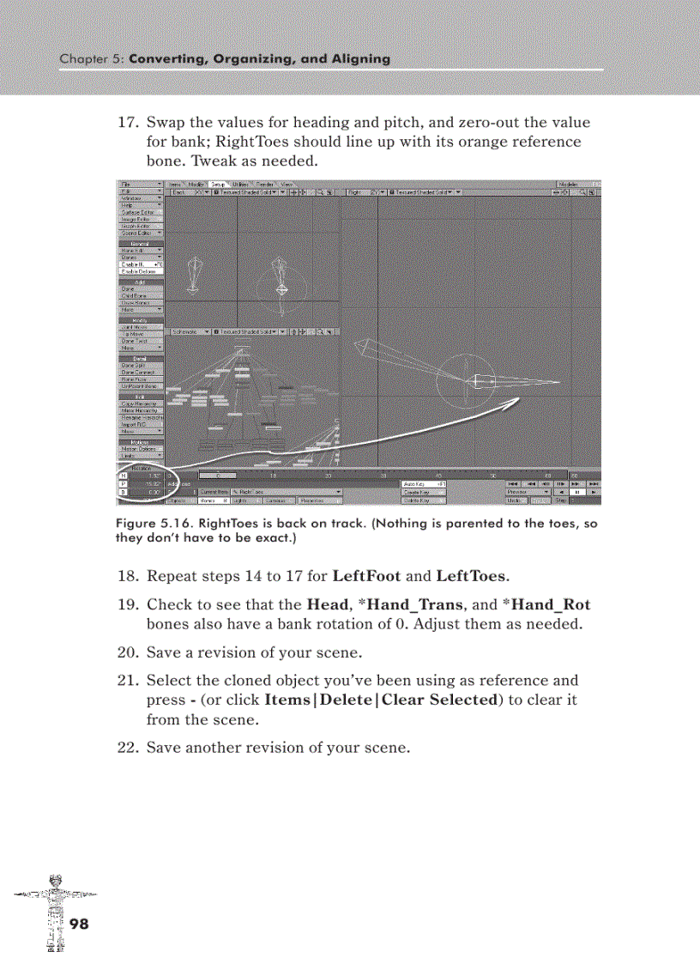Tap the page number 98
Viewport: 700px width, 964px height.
79,924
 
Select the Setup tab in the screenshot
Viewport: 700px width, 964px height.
218,184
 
